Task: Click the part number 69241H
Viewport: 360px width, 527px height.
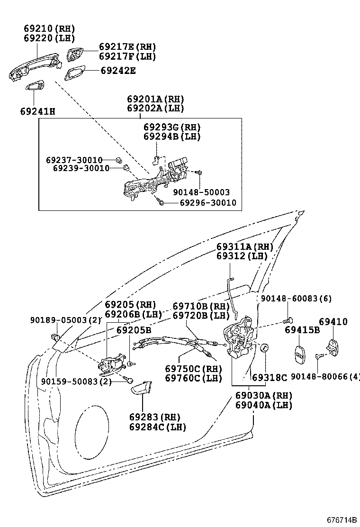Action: coord(37,112)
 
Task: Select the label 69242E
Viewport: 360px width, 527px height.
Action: coord(118,71)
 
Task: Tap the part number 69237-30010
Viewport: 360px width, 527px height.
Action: coord(74,160)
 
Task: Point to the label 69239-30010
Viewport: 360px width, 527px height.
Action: coord(81,168)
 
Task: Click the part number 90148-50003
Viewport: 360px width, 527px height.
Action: coord(201,192)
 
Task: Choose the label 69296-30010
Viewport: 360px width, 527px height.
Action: coord(208,203)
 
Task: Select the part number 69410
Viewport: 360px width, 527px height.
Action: coord(333,322)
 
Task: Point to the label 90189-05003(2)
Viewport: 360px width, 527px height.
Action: coord(71,320)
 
